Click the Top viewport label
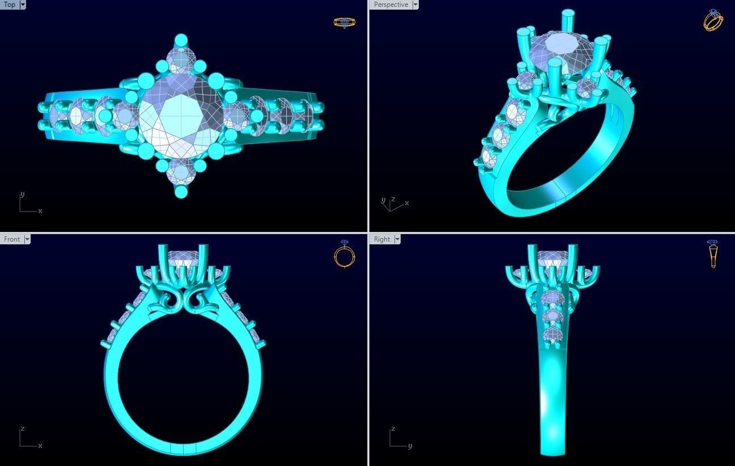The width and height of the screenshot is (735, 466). pyautogui.click(x=10, y=5)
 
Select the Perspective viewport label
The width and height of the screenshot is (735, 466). pyautogui.click(x=390, y=5)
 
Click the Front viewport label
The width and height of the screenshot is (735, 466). pyautogui.click(x=12, y=239)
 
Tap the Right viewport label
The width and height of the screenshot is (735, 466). pyautogui.click(x=381, y=239)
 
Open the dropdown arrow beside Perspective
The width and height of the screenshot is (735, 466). pyautogui.click(x=415, y=5)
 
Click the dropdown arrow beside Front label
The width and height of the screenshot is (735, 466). pyautogui.click(x=27, y=239)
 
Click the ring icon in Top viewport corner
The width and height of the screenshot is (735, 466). pyautogui.click(x=344, y=23)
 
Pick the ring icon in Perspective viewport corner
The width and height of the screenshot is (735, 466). pyautogui.click(x=713, y=20)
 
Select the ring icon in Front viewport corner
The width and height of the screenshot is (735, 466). pyautogui.click(x=344, y=254)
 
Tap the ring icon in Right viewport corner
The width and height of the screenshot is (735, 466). pyautogui.click(x=713, y=254)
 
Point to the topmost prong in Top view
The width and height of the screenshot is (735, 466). pyautogui.click(x=181, y=40)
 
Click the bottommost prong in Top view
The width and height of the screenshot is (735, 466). pyautogui.click(x=181, y=192)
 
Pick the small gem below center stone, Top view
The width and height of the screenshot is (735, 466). pyautogui.click(x=181, y=171)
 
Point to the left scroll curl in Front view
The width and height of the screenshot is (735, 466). pyautogui.click(x=170, y=300)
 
